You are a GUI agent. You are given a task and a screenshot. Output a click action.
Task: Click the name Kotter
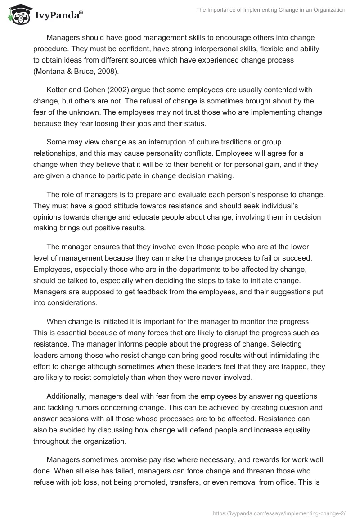(57, 90)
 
